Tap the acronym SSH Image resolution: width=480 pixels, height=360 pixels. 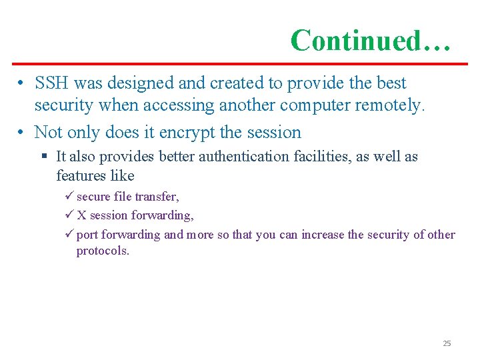click(52, 83)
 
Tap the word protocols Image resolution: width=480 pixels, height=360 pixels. click(103, 251)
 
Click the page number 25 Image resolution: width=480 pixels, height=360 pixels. click(447, 343)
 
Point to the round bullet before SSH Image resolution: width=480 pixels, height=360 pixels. click(21, 84)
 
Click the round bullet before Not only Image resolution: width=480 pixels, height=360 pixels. click(21, 133)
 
